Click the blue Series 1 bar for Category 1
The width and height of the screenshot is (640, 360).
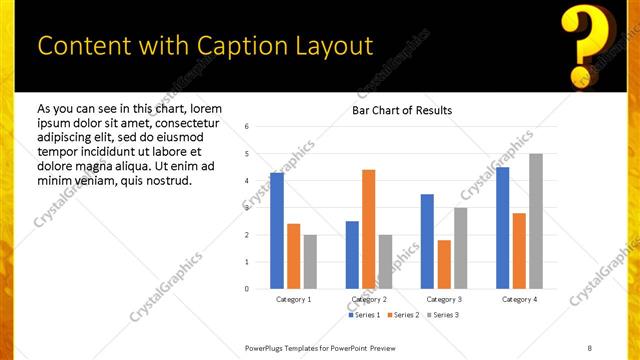pyautogui.click(x=276, y=231)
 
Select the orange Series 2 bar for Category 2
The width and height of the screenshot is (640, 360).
pyautogui.click(x=368, y=229)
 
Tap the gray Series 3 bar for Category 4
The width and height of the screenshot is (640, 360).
pyautogui.click(x=535, y=221)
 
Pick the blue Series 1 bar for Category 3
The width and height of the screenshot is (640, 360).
pyautogui.click(x=427, y=241)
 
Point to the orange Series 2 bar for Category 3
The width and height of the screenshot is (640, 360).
pyautogui.click(x=444, y=264)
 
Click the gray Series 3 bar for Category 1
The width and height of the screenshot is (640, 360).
pyautogui.click(x=310, y=261)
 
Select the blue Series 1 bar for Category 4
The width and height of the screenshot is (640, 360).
pyautogui.click(x=502, y=228)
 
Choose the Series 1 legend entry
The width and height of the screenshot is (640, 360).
pyautogui.click(x=364, y=315)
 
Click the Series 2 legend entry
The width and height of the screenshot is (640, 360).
pyautogui.click(x=404, y=315)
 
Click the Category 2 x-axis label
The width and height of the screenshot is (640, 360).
pyautogui.click(x=369, y=299)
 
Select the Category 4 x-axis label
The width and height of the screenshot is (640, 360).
pyautogui.click(x=519, y=299)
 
